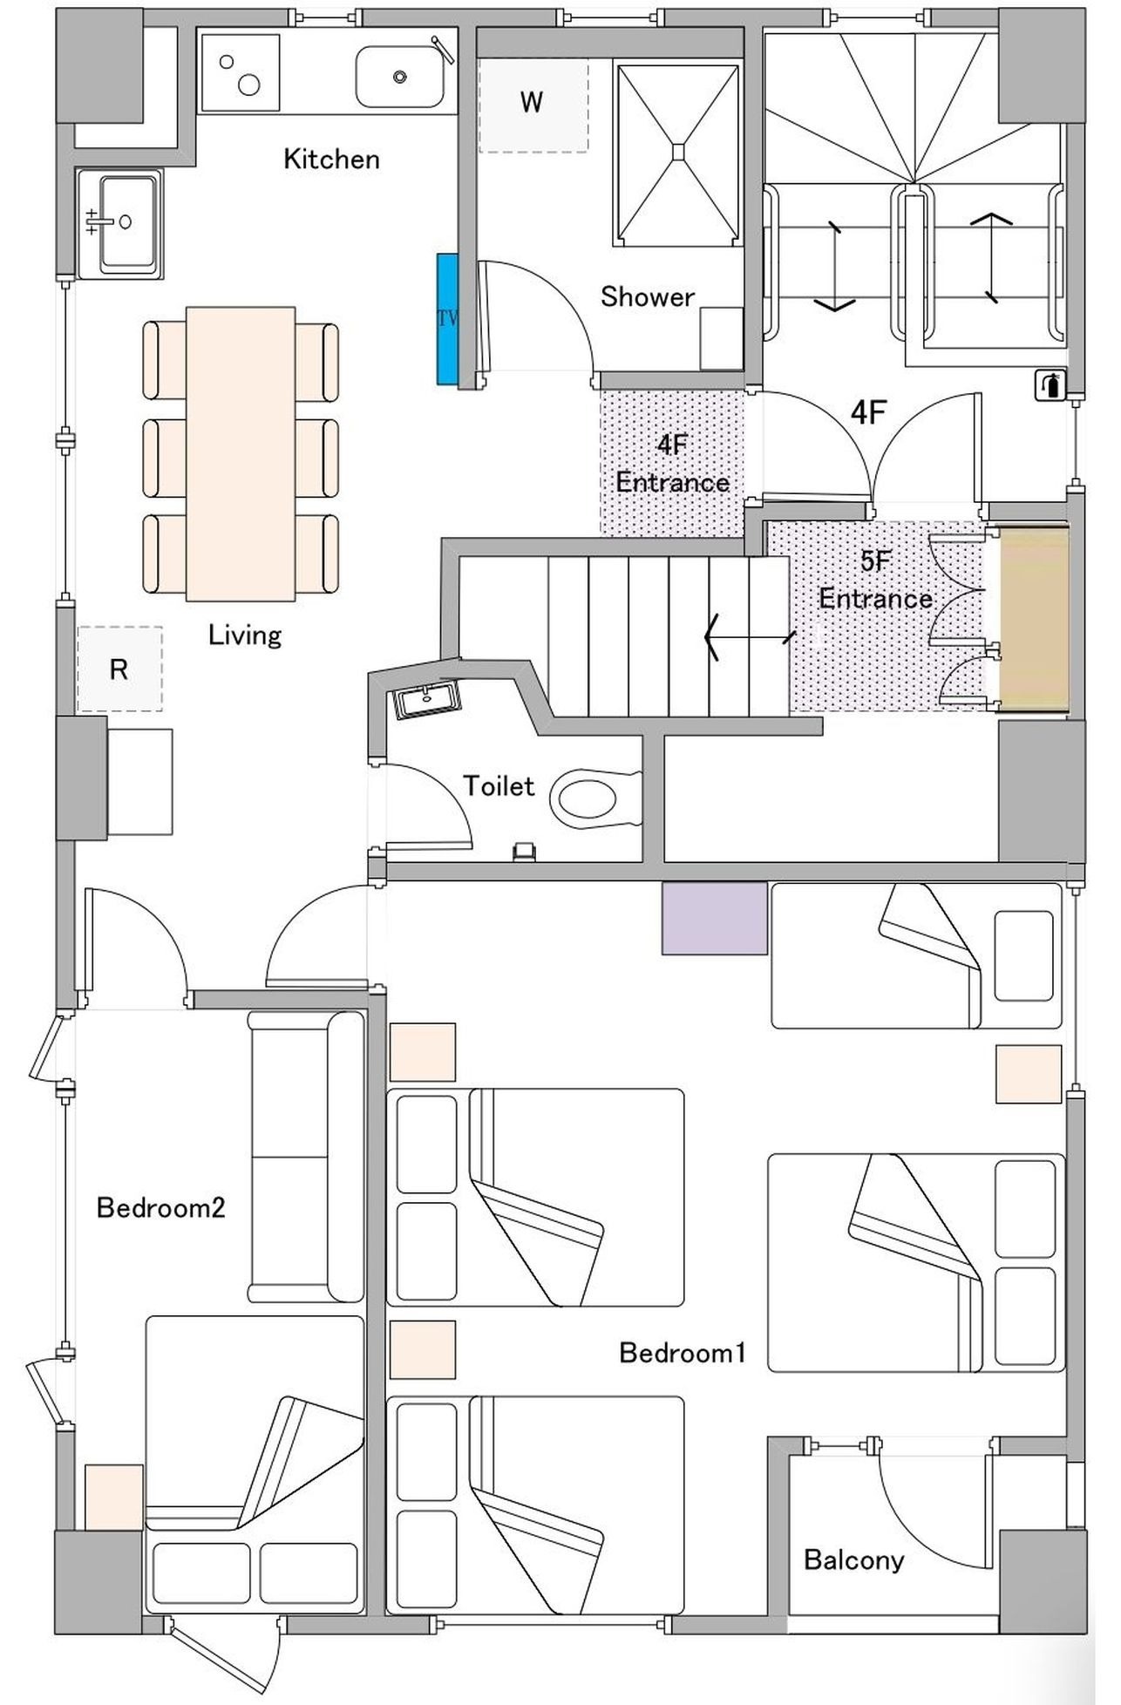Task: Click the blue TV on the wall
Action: click(x=448, y=318)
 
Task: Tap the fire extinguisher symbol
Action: click(x=1050, y=384)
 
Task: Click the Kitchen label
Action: click(x=332, y=159)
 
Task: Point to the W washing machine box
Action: click(x=533, y=104)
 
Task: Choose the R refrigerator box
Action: click(x=119, y=669)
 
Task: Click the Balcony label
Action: click(x=853, y=1559)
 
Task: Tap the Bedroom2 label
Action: click(x=161, y=1207)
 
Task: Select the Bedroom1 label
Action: click(x=683, y=1352)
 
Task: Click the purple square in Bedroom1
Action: click(x=715, y=918)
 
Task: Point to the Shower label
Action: click(x=648, y=296)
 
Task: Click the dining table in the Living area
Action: click(x=241, y=453)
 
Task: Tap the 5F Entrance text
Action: click(x=876, y=580)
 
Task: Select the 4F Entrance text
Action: click(x=673, y=463)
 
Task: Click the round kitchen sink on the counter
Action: click(x=399, y=77)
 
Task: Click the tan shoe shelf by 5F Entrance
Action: click(x=1034, y=618)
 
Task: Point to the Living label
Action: click(x=245, y=635)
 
